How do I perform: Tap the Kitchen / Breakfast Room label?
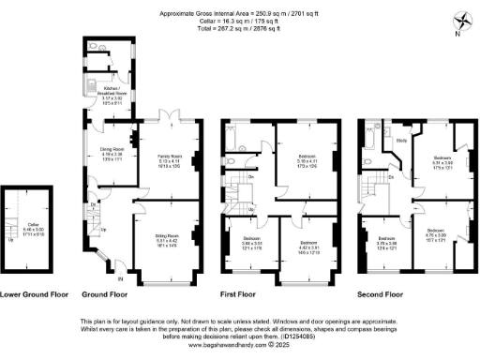point(108,90)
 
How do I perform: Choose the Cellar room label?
point(24,226)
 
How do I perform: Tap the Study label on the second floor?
point(400,142)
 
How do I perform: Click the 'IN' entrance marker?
point(118,277)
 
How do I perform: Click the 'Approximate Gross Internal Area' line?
point(240,14)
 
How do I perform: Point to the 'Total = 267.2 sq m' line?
point(240,29)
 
